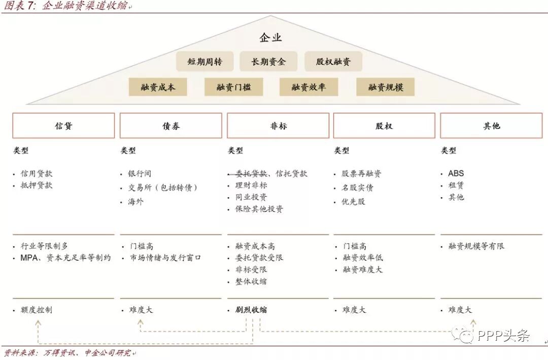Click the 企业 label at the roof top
[x=270, y=38]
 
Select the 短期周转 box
[x=204, y=62]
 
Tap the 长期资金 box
[x=268, y=62]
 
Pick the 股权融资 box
[x=333, y=62]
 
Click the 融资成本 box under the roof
[x=158, y=87]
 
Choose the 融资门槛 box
[x=234, y=87]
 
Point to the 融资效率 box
[x=309, y=87]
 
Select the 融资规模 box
[x=386, y=87]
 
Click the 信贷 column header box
[x=63, y=126]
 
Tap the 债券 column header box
[x=171, y=126]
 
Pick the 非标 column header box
[x=278, y=126]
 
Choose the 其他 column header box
[x=491, y=126]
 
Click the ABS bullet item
[x=456, y=173]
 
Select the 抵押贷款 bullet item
[x=37, y=186]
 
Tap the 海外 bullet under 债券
[x=135, y=201]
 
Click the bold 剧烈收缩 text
[x=251, y=310]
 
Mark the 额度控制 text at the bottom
[x=37, y=310]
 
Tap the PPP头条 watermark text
[x=503, y=335]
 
